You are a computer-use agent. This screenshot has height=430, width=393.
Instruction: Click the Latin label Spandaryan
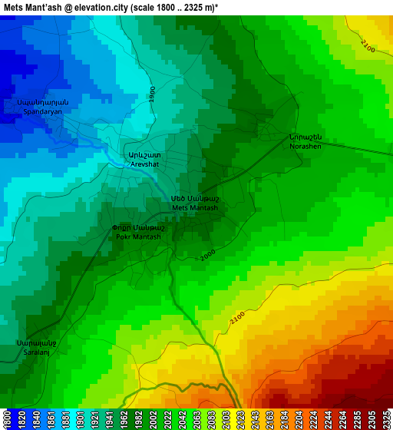tap(42, 111)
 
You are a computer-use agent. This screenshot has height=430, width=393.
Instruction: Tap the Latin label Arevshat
tap(145, 164)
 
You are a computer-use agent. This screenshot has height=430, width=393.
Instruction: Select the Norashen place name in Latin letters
tap(305, 146)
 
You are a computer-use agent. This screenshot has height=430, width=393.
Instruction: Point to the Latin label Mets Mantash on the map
tap(195, 208)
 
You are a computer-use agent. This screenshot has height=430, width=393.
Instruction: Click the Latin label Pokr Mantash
tap(138, 237)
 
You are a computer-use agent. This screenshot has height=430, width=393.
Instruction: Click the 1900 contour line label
tap(153, 94)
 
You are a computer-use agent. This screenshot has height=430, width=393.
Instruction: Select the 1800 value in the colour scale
tap(7, 419)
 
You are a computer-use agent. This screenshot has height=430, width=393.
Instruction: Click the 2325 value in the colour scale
tap(386, 419)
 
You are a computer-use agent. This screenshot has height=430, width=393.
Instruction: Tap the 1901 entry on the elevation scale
tap(80, 419)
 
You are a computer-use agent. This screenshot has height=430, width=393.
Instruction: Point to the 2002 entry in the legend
tap(153, 419)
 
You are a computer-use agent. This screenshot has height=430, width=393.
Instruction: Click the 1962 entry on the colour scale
tap(124, 419)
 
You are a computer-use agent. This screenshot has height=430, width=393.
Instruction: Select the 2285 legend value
tap(357, 419)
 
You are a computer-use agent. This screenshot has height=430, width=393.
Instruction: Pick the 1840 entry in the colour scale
tap(36, 419)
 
